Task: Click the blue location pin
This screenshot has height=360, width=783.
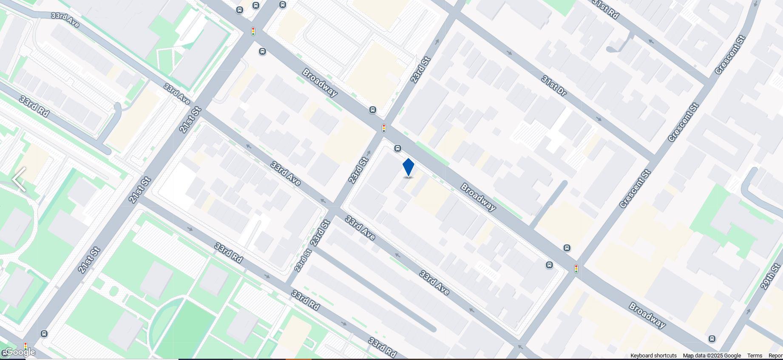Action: (x=408, y=167)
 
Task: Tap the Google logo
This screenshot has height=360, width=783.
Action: (x=20, y=352)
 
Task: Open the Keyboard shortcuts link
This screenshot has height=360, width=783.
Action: (x=653, y=356)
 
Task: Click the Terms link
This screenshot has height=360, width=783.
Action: (x=755, y=356)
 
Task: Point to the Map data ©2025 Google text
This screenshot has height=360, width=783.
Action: (x=712, y=356)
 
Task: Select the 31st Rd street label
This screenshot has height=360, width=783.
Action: (x=605, y=9)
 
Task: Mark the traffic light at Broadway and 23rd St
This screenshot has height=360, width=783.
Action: (x=384, y=128)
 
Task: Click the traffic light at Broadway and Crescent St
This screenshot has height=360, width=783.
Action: (x=576, y=269)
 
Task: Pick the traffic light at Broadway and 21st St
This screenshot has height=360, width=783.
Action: (x=253, y=31)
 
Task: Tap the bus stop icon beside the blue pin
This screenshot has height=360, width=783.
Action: (x=397, y=148)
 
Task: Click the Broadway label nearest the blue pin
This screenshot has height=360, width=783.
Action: (x=478, y=197)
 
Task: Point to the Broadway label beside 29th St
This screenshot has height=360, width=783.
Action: (x=647, y=315)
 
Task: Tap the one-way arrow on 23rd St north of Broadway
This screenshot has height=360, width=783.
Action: (x=438, y=42)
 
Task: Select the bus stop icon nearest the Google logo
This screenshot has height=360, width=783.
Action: (x=44, y=334)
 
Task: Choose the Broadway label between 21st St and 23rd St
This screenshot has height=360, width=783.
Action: (x=320, y=82)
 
